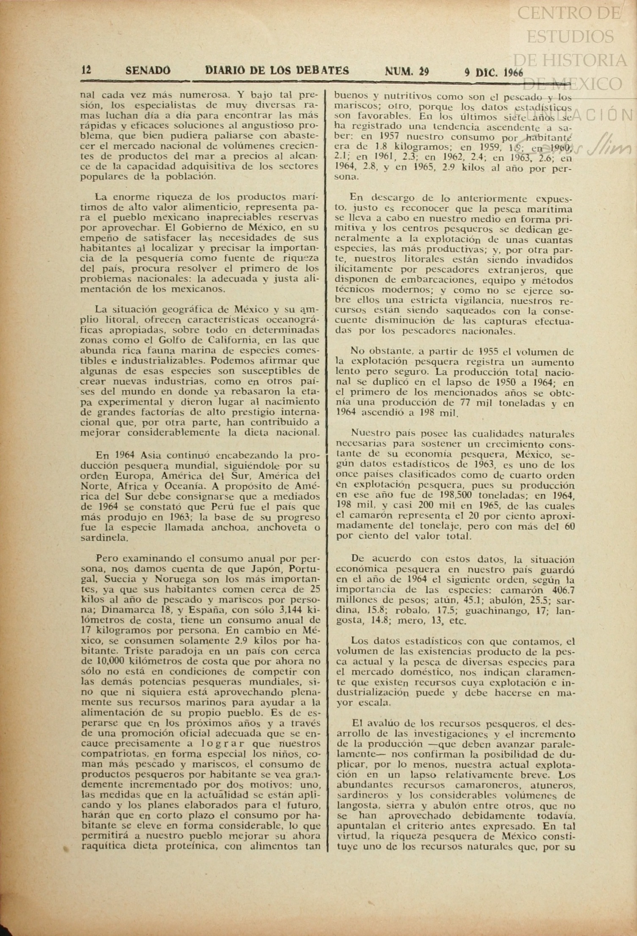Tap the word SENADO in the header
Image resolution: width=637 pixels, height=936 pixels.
coord(148,70)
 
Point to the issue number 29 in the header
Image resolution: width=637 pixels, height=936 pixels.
coord(423,72)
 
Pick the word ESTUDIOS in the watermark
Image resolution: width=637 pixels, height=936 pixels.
coord(570,36)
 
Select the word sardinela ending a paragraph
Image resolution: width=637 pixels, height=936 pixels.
coord(98,538)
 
